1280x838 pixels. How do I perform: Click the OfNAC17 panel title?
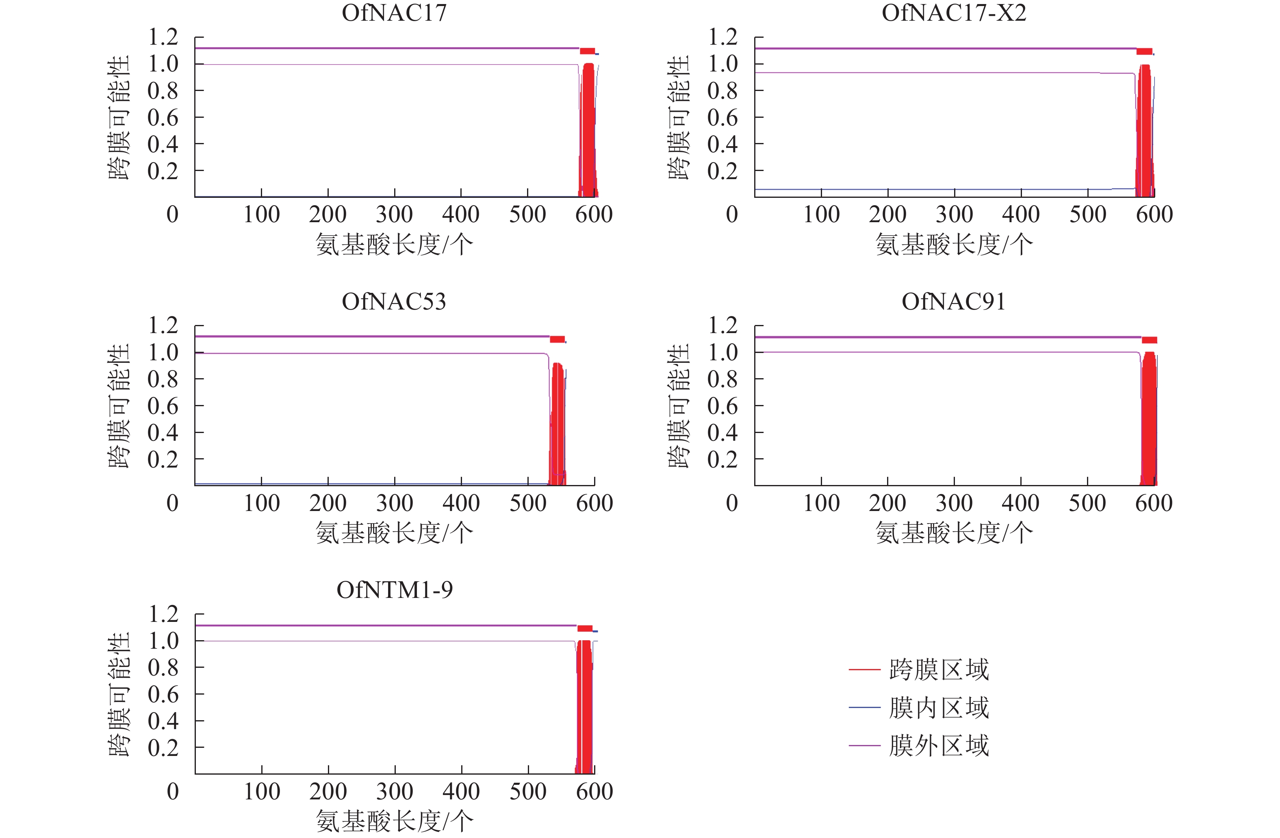coord(394,13)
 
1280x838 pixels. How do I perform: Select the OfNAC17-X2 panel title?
coord(954,13)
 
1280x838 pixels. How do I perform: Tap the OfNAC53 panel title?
coord(394,301)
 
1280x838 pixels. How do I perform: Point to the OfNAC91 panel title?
coord(954,301)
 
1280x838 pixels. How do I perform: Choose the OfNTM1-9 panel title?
coord(394,590)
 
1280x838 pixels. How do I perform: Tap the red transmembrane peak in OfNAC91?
coord(1149,419)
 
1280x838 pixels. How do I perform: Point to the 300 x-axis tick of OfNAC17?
coord(394,214)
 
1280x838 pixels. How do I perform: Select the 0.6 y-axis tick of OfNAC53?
coord(163,406)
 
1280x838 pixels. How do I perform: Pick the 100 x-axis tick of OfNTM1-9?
coord(262,792)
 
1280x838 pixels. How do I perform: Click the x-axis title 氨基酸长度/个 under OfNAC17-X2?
coord(954,245)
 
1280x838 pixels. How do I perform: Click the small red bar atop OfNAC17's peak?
coord(587,51)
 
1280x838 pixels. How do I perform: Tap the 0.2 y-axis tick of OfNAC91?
coord(722,459)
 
